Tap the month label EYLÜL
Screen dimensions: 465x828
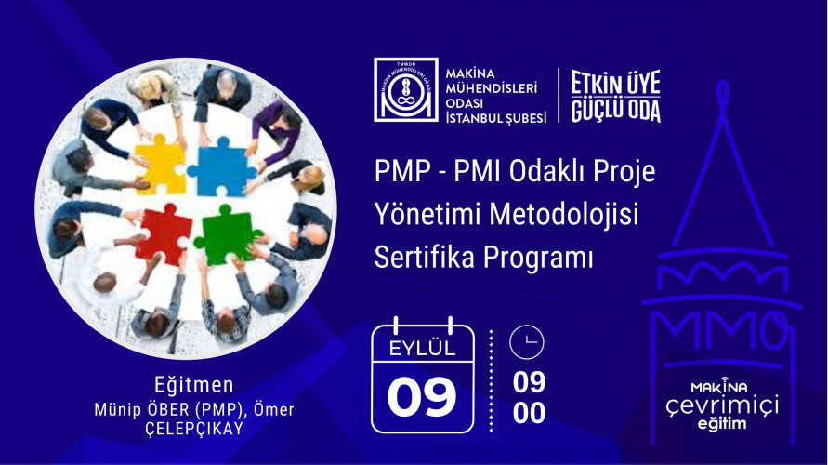423,349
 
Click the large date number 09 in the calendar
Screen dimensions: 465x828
422,396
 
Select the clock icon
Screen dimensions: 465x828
527,342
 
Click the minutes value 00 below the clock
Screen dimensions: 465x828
529,413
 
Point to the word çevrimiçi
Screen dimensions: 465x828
721,405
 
